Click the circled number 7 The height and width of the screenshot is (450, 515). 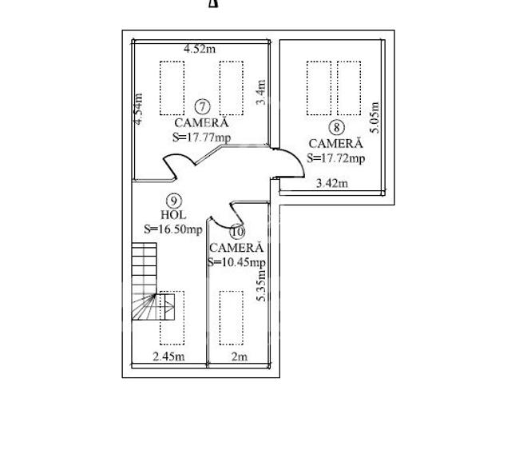tap(202, 106)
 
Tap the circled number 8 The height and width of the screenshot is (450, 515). tap(335, 127)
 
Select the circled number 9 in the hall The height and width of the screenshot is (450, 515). tap(173, 201)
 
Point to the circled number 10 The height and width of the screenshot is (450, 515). tap(236, 232)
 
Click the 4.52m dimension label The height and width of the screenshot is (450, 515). tap(199, 50)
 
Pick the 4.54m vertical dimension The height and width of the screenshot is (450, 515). tap(139, 110)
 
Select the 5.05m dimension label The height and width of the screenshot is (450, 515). tap(375, 117)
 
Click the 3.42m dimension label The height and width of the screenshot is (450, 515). tap(332, 183)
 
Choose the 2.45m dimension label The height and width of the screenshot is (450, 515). tap(168, 356)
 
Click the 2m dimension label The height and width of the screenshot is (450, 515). tap(239, 356)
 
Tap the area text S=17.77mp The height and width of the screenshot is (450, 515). tap(201, 137)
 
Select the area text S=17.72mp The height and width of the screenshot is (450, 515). tap(335, 157)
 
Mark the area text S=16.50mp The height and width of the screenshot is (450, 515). tap(173, 229)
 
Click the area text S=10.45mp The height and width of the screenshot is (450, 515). tap(236, 261)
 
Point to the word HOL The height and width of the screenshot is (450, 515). tap(173, 215)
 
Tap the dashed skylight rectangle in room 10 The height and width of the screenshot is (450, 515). tap(232, 317)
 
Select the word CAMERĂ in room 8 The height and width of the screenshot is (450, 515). tap(335, 144)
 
